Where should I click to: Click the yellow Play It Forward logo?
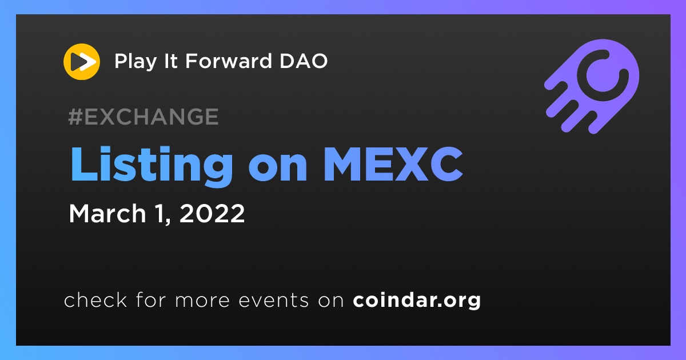pos(82,62)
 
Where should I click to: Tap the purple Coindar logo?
pos(592,86)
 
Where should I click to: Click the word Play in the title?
pos(135,61)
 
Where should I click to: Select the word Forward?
pos(229,61)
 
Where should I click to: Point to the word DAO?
pos(304,61)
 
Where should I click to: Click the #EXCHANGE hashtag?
pos(143,117)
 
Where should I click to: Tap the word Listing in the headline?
pos(151,165)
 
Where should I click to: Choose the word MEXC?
pos(393,165)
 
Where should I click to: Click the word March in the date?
pos(107,213)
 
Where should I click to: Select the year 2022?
pos(212,213)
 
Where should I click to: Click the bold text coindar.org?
pos(417,301)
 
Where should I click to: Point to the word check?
pos(95,299)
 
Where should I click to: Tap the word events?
pos(274,301)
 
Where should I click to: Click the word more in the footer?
pos(202,301)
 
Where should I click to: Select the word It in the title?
pos(171,61)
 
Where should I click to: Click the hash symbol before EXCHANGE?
pos(75,117)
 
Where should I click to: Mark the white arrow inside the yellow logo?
pos(87,62)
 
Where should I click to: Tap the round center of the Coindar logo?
pos(603,75)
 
